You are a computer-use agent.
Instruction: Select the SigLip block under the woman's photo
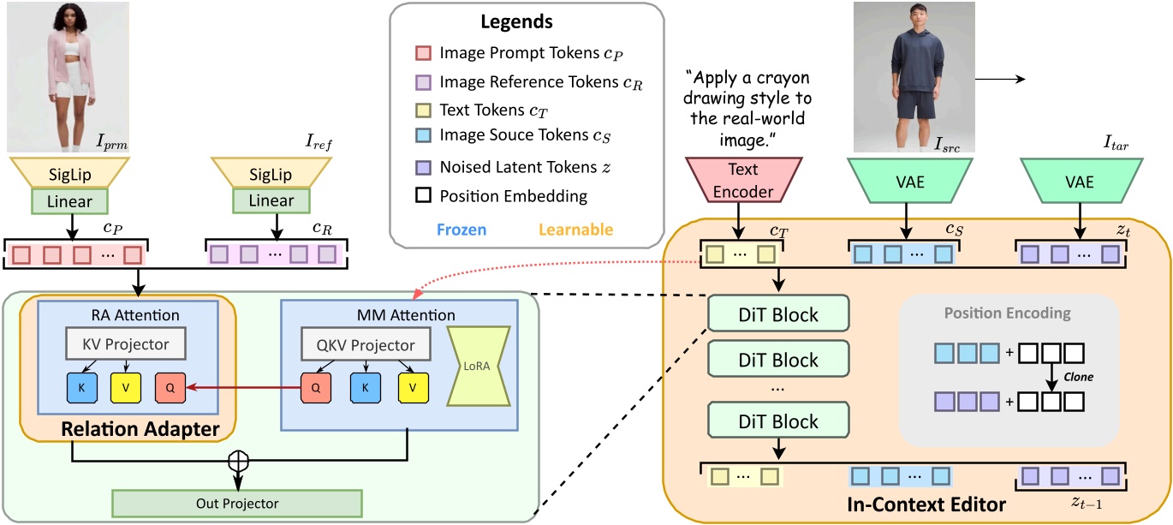click(68, 175)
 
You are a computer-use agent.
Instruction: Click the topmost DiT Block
click(777, 314)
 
